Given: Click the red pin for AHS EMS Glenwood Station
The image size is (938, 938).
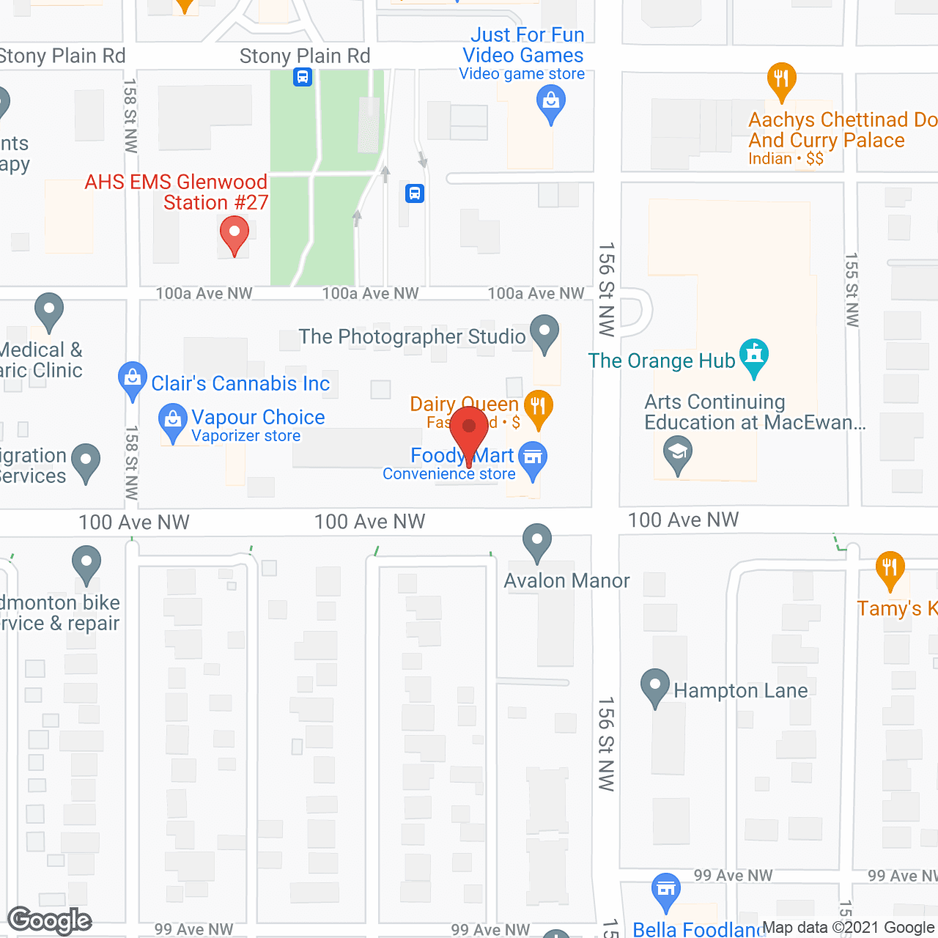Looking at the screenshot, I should [234, 236].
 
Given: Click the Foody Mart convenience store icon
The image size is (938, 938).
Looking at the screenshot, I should [533, 459].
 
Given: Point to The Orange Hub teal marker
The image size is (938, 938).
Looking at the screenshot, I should [753, 356].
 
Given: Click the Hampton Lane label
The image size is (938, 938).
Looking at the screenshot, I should [740, 691].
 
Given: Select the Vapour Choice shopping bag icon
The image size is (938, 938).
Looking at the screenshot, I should [173, 421].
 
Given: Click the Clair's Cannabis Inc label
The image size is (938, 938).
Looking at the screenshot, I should [240, 383].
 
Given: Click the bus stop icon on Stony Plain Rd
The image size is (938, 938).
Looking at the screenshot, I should [303, 76].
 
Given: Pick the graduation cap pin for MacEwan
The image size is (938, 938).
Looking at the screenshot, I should [678, 452].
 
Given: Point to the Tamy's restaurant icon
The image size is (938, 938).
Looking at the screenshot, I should [890, 569].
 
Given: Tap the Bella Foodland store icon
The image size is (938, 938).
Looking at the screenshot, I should [665, 890].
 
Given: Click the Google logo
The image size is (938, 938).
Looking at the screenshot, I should [50, 920].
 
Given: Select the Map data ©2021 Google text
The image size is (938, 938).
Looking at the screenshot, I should [849, 928].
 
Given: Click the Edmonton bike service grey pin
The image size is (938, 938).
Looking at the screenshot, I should [86, 564].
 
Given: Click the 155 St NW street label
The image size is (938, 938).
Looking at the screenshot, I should [852, 289].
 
